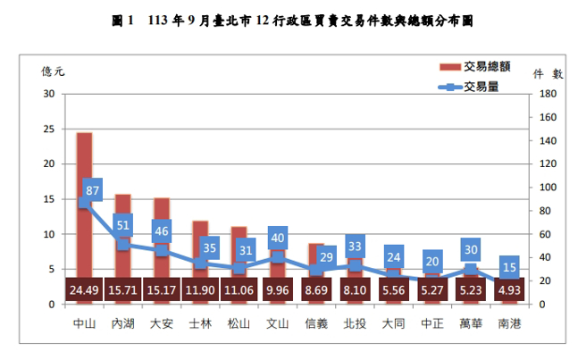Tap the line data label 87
pos(92,190)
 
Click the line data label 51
pos(122,226)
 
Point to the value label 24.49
pos(84,291)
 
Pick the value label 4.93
pos(509,291)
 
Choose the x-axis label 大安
pos(162,322)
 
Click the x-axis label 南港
pos(509,322)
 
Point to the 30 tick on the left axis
pos(48,94)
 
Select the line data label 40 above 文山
pos(277,239)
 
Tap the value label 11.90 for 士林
pos(200,291)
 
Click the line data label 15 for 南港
pos(509,267)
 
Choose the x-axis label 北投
pos(355,322)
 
